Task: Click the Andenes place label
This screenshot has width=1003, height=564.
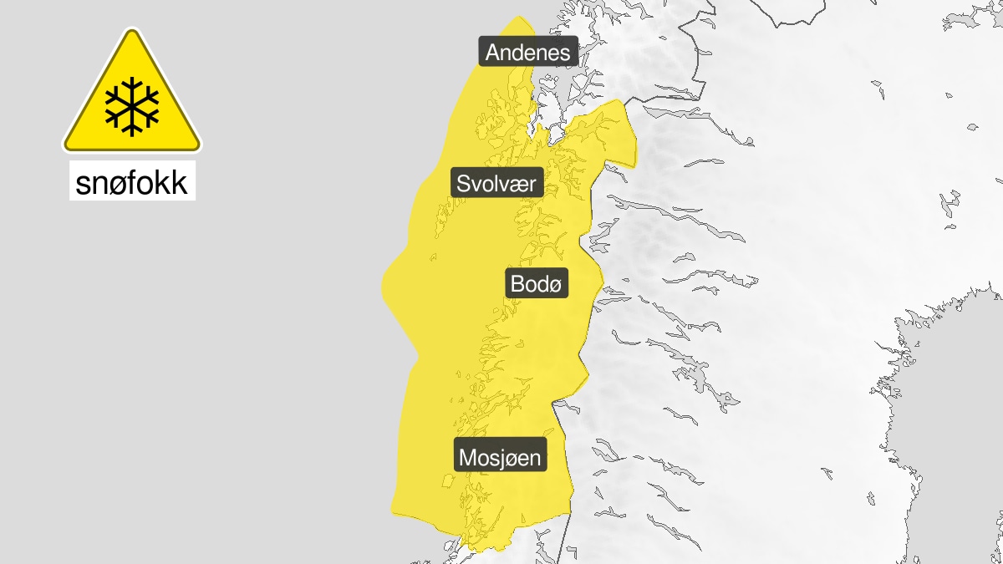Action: (527, 53)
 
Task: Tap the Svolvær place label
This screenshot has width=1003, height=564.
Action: (497, 182)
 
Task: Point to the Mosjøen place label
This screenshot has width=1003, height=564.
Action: (500, 457)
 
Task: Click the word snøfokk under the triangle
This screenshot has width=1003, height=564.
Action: (132, 183)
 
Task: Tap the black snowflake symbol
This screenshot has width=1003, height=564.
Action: (132, 107)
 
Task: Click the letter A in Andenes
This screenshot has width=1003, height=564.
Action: (493, 53)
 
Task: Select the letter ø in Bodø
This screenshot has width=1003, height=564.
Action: (558, 285)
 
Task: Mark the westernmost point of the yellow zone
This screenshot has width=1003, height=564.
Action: (382, 284)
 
